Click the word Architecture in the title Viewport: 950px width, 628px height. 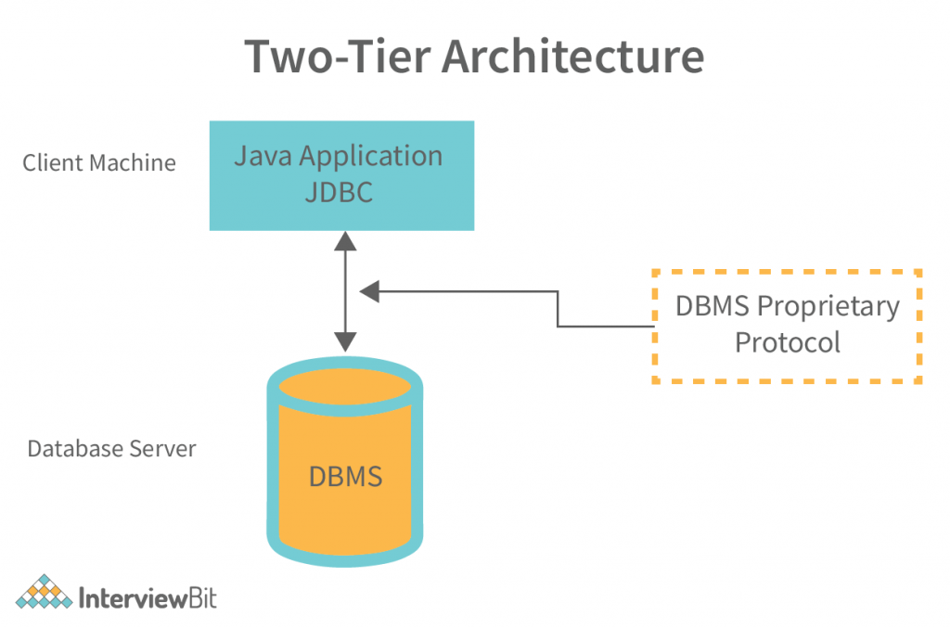pyautogui.click(x=571, y=57)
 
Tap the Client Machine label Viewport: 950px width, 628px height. pyautogui.click(x=99, y=163)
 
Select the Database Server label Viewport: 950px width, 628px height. pyautogui.click(x=111, y=449)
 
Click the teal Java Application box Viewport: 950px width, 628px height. pyautogui.click(x=341, y=175)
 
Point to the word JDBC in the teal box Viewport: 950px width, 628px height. pyautogui.click(x=338, y=193)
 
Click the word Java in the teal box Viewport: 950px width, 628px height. pyautogui.click(x=259, y=156)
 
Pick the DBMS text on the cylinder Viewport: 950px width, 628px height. pyautogui.click(x=345, y=478)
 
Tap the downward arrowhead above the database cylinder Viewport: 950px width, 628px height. pyautogui.click(x=345, y=340)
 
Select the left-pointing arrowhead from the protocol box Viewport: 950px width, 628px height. pyautogui.click(x=370, y=291)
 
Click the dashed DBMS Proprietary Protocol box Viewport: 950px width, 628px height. pyautogui.click(x=787, y=326)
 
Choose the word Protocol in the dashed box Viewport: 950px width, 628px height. pyautogui.click(x=787, y=342)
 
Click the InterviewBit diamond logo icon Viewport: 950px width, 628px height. pyautogui.click(x=43, y=593)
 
